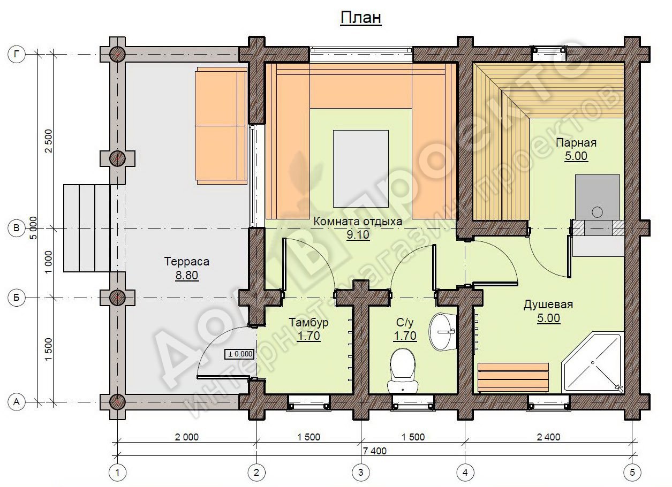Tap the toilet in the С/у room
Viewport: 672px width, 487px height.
click(403, 371)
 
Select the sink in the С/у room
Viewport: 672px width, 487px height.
click(442, 332)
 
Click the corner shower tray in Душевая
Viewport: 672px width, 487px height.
click(593, 362)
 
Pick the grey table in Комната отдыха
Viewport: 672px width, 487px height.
click(360, 169)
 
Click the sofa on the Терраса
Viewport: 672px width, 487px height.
click(221, 126)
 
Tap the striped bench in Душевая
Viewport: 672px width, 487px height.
click(513, 378)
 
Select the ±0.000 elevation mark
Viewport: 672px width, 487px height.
click(240, 354)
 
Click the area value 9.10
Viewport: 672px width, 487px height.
click(358, 234)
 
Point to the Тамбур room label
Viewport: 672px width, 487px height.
click(309, 322)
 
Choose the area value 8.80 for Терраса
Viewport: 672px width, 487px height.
click(186, 275)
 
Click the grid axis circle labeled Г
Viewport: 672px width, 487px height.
click(16, 54)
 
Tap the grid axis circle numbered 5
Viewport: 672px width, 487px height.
click(632, 473)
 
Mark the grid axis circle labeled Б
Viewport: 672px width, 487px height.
click(16, 298)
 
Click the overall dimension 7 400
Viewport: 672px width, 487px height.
click(375, 451)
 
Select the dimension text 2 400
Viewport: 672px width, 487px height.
click(548, 437)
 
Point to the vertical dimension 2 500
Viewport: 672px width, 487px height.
click(48, 141)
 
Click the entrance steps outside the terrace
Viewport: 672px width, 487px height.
click(87, 228)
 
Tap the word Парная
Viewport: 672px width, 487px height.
click(576, 143)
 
